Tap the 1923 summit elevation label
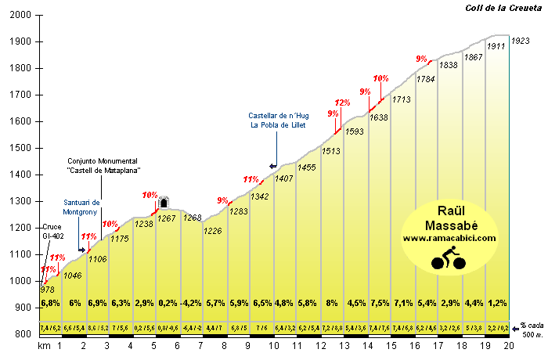tap(521, 40)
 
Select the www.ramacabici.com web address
tap(450, 238)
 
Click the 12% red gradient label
tap(342, 103)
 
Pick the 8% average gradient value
tap(332, 303)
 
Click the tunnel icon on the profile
tap(164, 203)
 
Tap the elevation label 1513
tap(330, 151)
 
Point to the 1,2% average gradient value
tap(497, 303)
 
